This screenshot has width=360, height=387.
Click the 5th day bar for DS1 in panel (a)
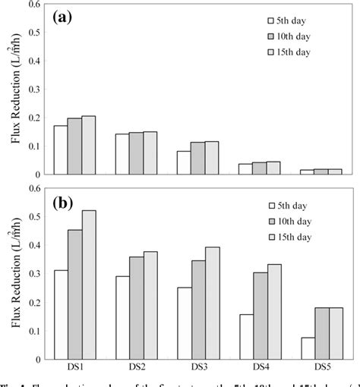pyautogui.click(x=60, y=150)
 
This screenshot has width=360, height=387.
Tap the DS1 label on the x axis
pyautogui.click(x=75, y=367)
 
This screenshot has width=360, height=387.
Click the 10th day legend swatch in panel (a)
pyautogui.click(x=273, y=36)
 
